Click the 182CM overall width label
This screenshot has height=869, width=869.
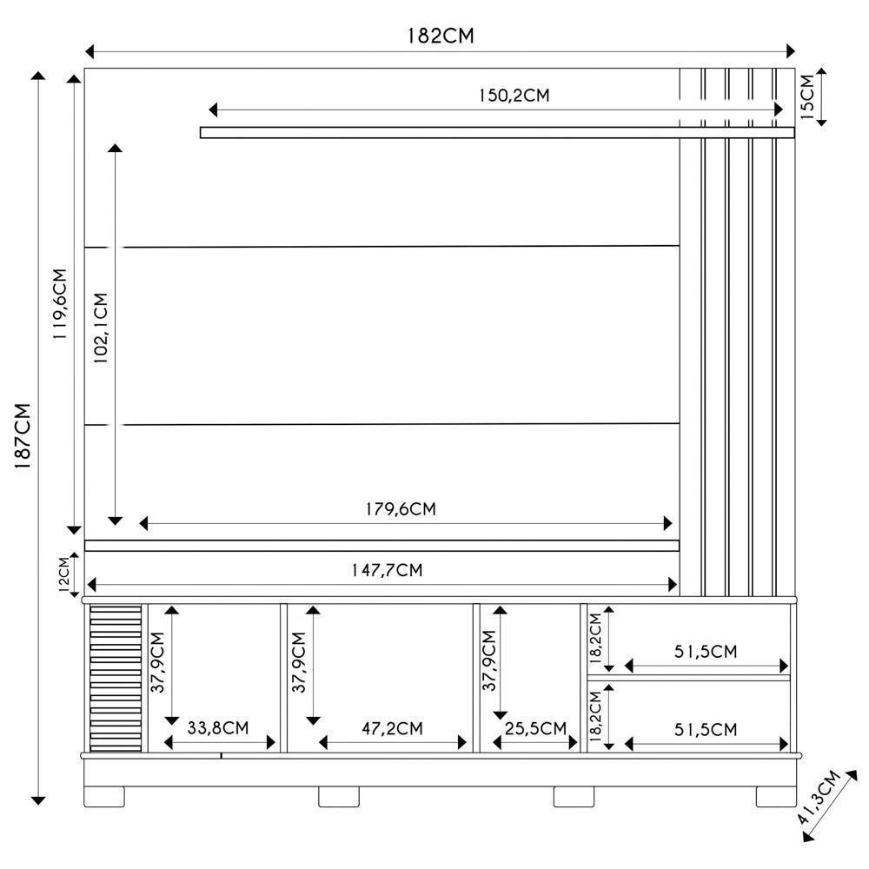pyautogui.click(x=441, y=36)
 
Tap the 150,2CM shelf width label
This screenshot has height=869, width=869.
pyautogui.click(x=513, y=96)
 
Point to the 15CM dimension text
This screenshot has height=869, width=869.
pyautogui.click(x=807, y=96)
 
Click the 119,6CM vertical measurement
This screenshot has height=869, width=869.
pyautogui.click(x=60, y=303)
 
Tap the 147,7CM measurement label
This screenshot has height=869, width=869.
pyautogui.click(x=387, y=571)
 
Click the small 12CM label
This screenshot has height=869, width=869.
pyautogui.click(x=63, y=574)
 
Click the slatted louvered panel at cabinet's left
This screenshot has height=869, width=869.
pyautogui.click(x=116, y=678)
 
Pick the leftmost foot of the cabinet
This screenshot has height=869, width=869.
pyautogui.click(x=105, y=796)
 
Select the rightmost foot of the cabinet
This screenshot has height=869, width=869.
pyautogui.click(x=775, y=796)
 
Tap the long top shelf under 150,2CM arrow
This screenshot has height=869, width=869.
pyautogui.click(x=496, y=133)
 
